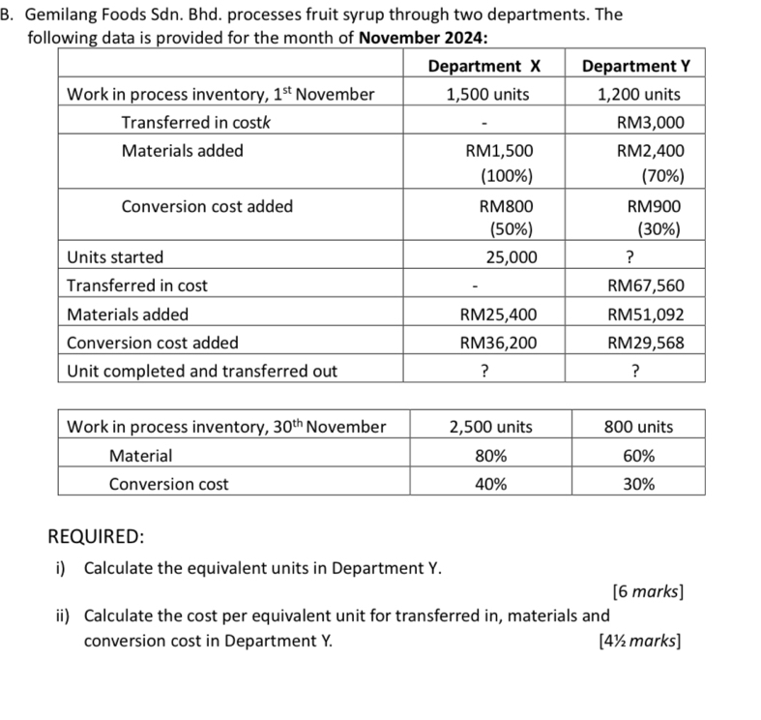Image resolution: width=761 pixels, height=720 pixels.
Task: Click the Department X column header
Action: pyautogui.click(x=483, y=66)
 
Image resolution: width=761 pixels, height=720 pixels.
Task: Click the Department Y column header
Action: pyautogui.click(x=638, y=66)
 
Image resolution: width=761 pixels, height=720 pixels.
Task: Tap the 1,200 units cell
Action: pyautogui.click(x=638, y=94)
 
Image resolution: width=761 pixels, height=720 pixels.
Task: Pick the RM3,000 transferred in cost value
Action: pyautogui.click(x=650, y=122)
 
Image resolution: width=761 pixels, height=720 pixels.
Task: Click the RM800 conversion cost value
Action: pyautogui.click(x=499, y=205)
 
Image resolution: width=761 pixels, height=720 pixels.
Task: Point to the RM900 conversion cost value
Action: pyautogui.click(x=654, y=205)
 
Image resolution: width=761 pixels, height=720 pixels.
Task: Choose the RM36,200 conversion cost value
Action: pyautogui.click(x=499, y=342)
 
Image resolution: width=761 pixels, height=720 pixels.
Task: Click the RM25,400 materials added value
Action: pyautogui.click(x=499, y=314)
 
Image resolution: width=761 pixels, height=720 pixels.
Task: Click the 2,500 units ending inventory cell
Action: pyautogui.click(x=492, y=427)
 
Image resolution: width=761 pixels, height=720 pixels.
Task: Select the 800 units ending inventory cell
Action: pyautogui.click(x=638, y=427)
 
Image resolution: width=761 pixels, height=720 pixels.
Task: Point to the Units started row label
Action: pyautogui.click(x=115, y=257)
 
